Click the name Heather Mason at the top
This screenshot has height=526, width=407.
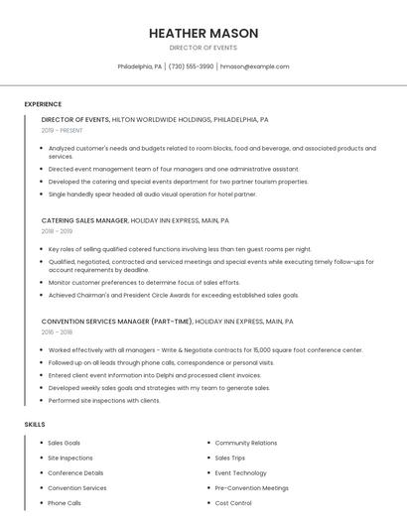coord(203,33)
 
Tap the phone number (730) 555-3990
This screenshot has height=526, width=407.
coord(191,66)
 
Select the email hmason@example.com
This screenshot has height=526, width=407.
coord(254,66)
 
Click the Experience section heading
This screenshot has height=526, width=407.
coord(43,104)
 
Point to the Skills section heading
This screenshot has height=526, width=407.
coord(35,424)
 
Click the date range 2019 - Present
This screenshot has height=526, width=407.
coord(62,130)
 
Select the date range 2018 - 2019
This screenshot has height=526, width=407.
coord(57,231)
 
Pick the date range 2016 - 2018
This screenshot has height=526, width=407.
coord(57,332)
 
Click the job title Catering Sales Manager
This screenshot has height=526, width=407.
coord(85,220)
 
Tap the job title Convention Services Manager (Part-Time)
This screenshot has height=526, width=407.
coord(117,322)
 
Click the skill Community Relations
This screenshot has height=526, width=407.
coord(246,443)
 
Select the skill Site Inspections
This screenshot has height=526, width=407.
coord(70,458)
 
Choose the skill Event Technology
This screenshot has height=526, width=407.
coord(241,472)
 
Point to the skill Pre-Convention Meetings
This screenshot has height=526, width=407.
coord(252,488)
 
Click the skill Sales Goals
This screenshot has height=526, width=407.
coord(65,443)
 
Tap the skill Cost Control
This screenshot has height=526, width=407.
coord(233,503)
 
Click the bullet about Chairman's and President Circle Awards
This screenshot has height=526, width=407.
coord(174,295)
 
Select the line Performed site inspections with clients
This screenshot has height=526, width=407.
coord(104,400)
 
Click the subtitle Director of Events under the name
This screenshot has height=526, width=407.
coord(203,48)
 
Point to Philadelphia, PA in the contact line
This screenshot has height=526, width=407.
coord(139,66)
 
